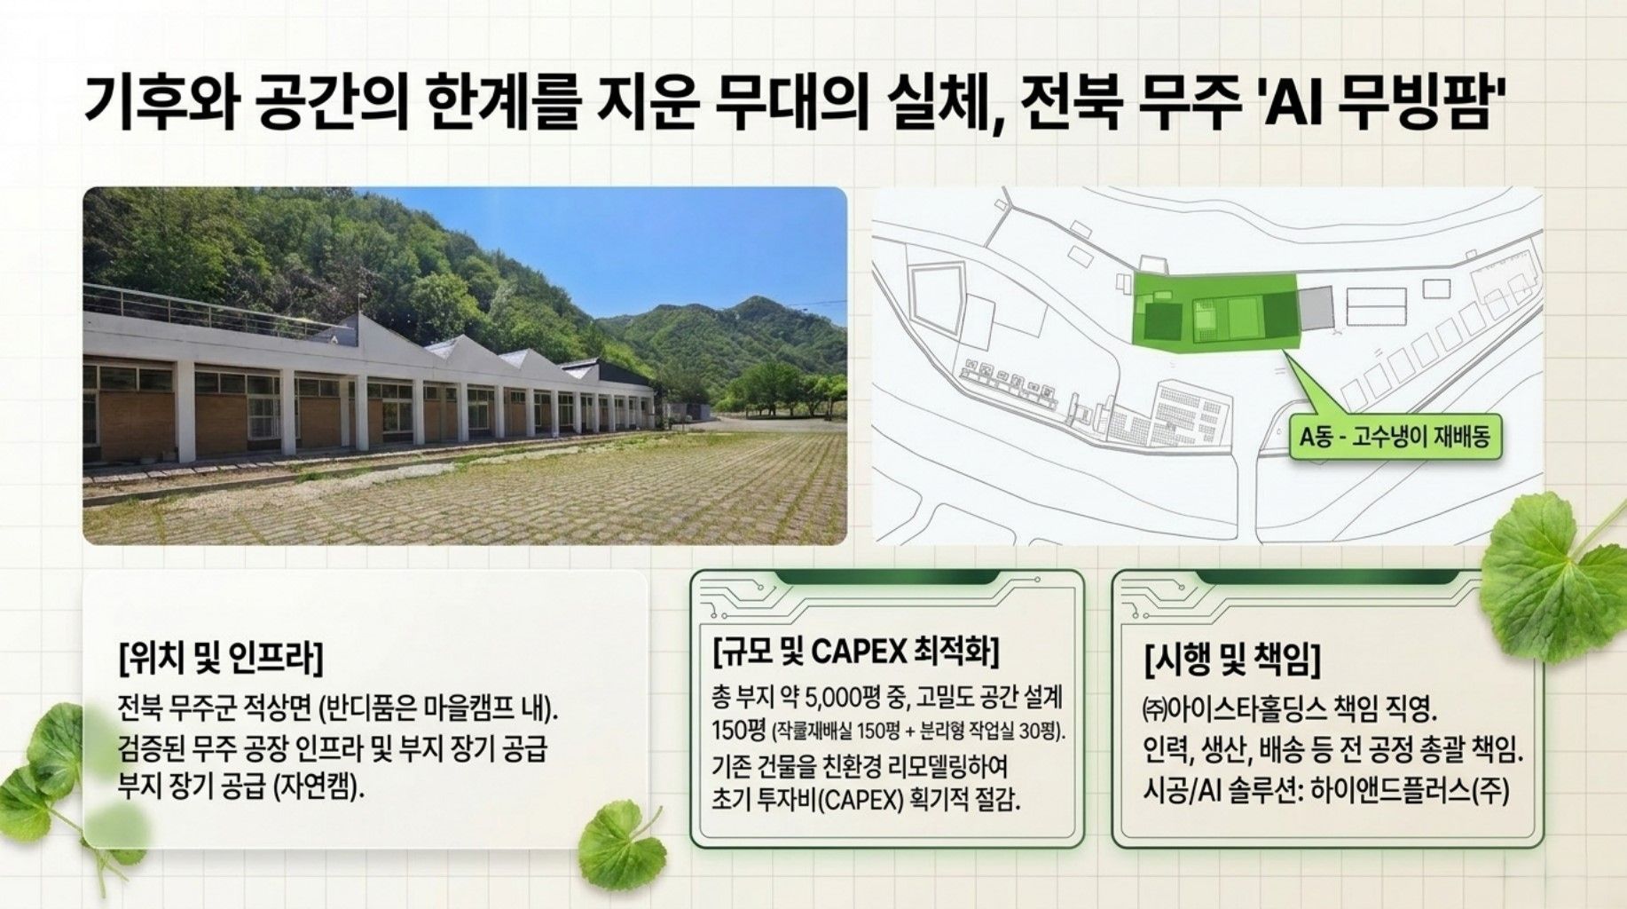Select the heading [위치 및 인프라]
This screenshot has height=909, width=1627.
(x=220, y=657)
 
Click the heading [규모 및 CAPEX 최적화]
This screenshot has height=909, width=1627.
(x=856, y=652)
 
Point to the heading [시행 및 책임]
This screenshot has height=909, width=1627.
(x=1232, y=659)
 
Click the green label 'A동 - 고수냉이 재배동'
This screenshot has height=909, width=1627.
(x=1395, y=437)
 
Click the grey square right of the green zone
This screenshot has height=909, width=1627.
(x=1315, y=308)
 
